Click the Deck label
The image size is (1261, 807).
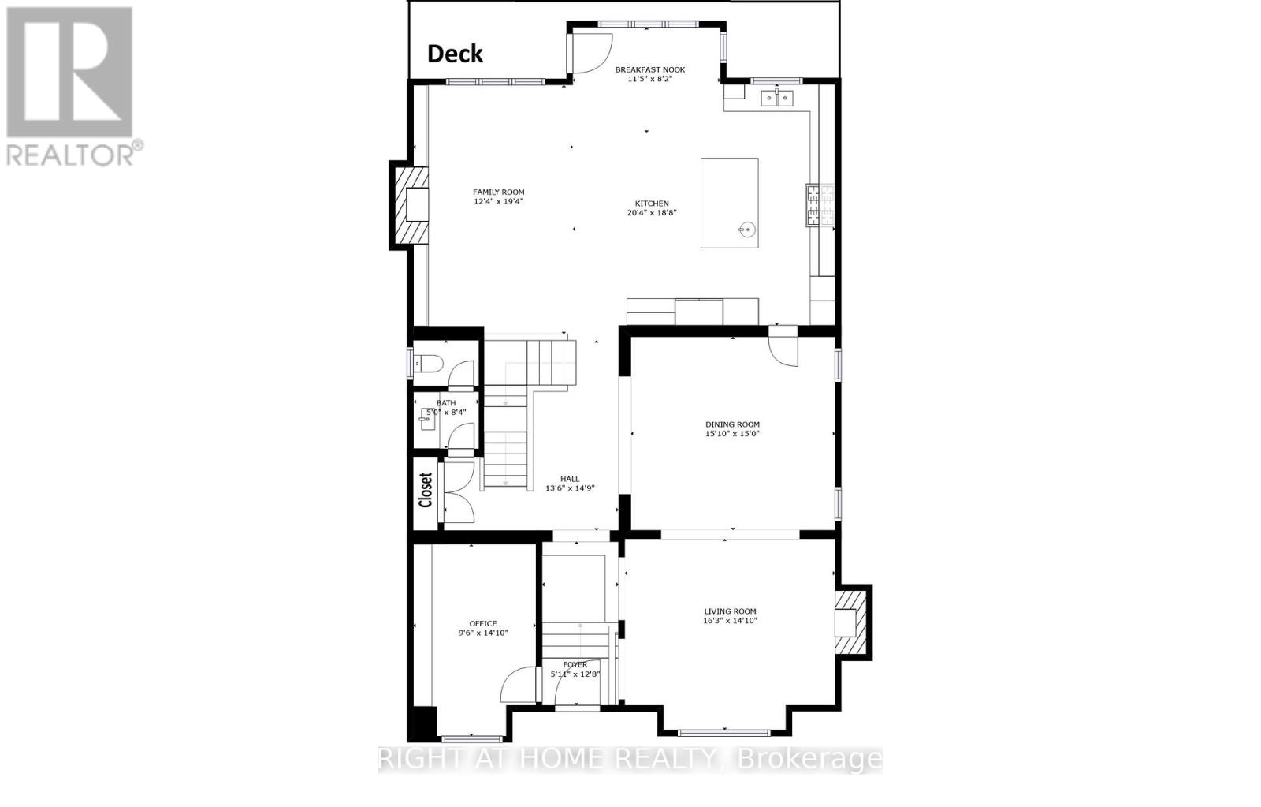click(455, 54)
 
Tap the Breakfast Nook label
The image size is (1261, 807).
click(650, 69)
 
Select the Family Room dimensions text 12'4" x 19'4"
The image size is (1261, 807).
click(498, 201)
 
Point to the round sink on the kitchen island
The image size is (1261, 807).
click(747, 230)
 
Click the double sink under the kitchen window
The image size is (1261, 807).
click(778, 98)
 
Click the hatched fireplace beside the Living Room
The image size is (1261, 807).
click(852, 622)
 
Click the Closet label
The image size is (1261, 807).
click(426, 490)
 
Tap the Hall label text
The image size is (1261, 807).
click(569, 479)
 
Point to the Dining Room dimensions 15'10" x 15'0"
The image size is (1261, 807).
click(732, 434)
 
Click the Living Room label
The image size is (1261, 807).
click(730, 611)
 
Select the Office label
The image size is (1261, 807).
click(483, 623)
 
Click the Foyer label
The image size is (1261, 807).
click(575, 664)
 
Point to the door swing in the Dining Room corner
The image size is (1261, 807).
click(783, 350)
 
